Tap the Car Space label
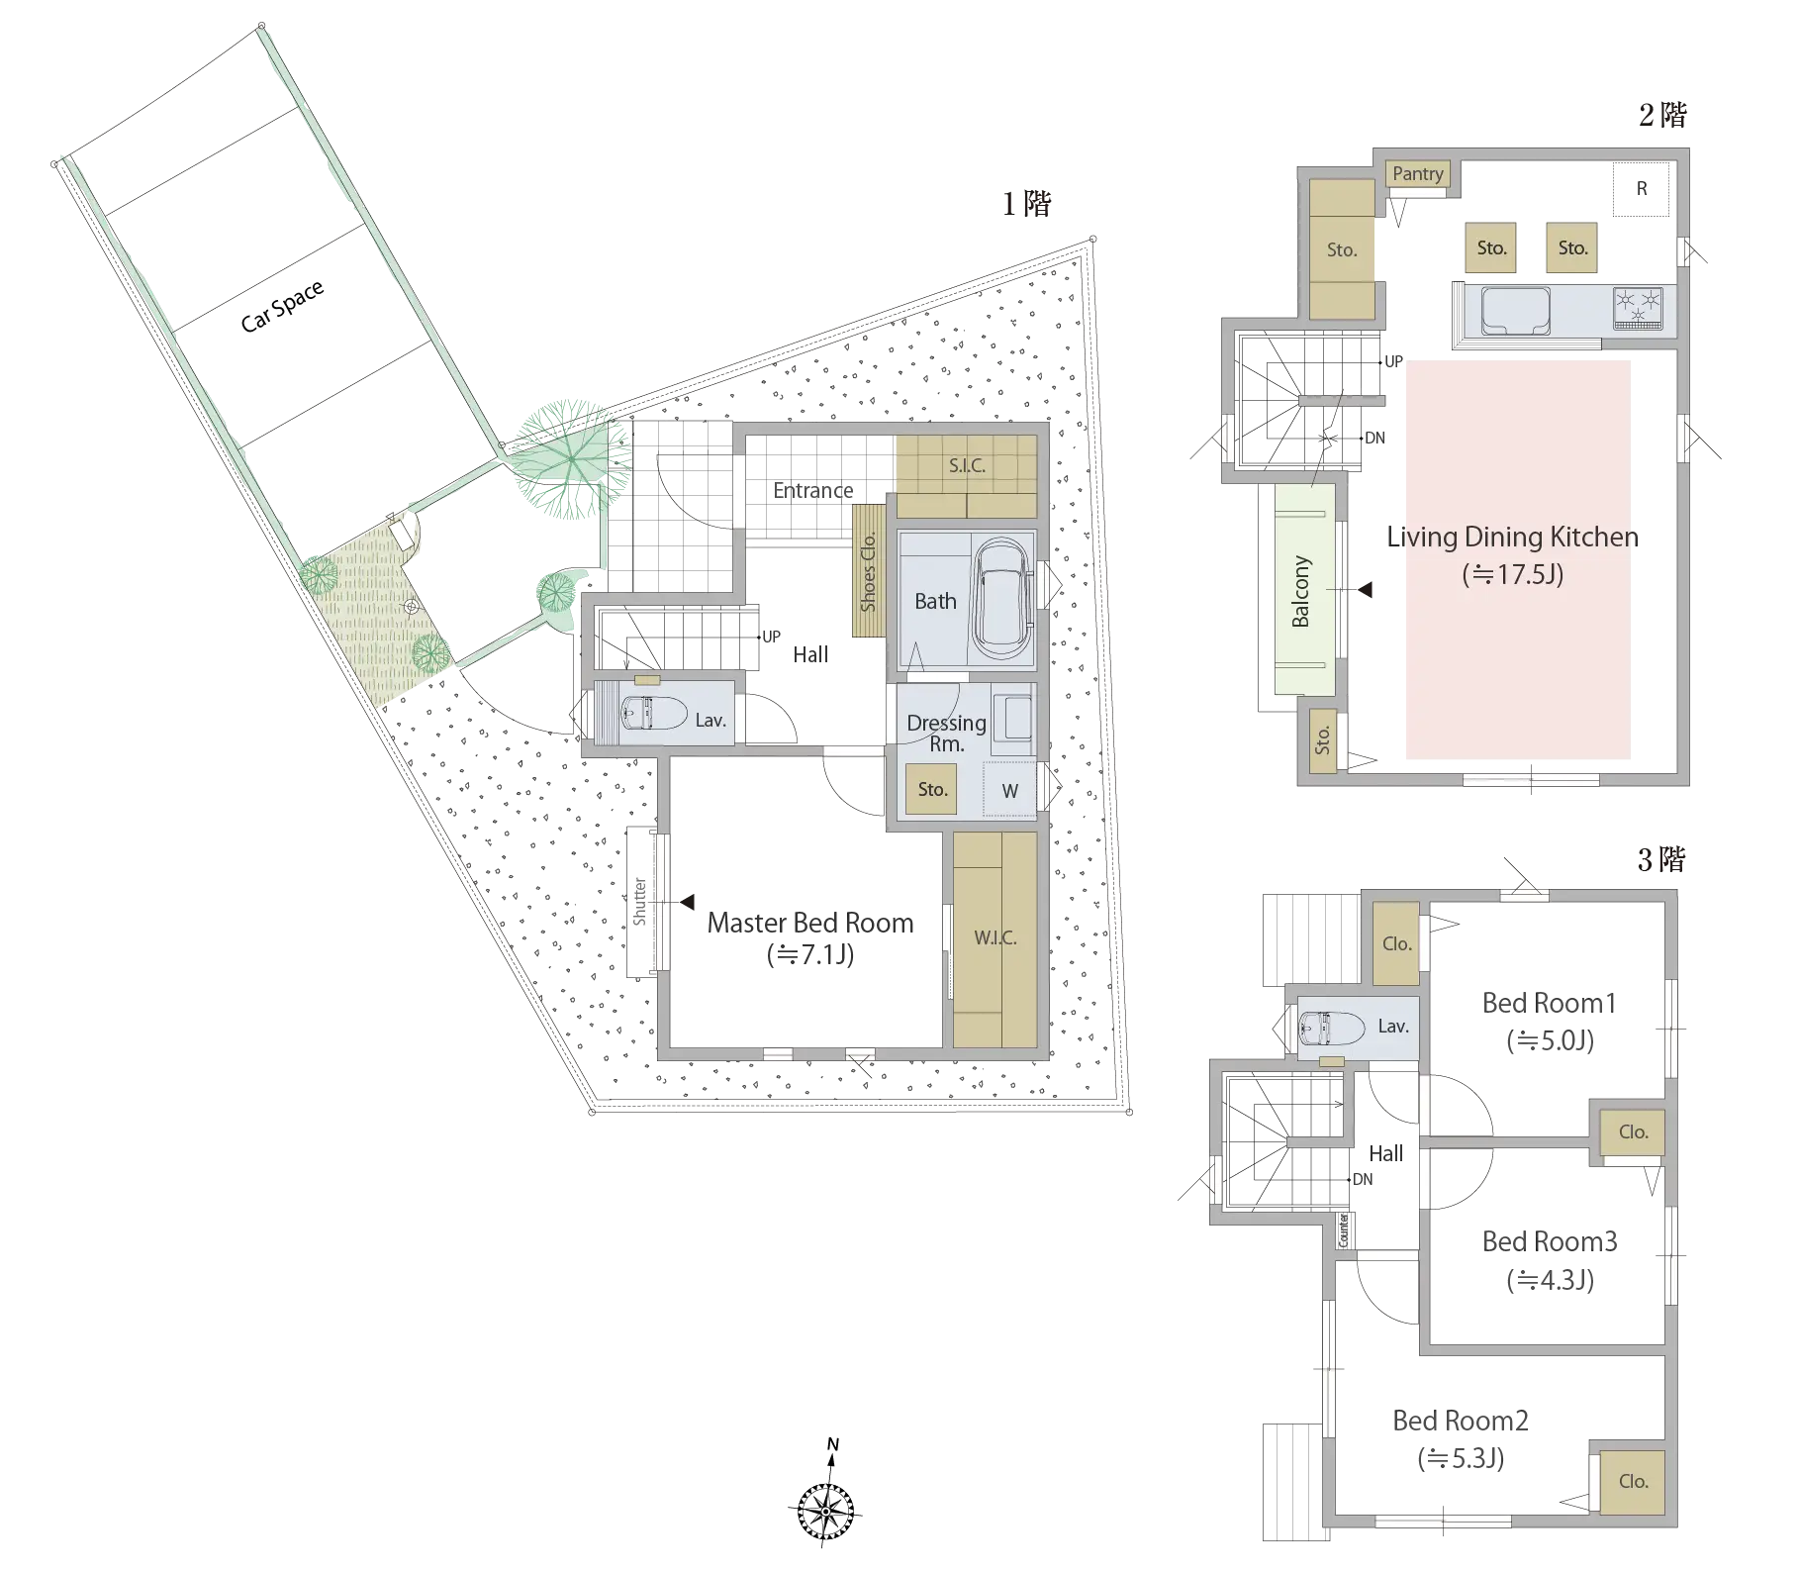[x=282, y=305]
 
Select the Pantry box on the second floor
[x=1418, y=174]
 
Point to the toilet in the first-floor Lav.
[x=653, y=713]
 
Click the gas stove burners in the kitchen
[x=1638, y=308]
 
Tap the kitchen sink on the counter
[x=1515, y=311]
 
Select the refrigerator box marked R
[x=1641, y=188]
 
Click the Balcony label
[x=1300, y=592]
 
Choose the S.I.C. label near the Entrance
[x=967, y=466]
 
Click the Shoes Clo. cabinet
[x=868, y=571]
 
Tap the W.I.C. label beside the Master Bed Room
[x=994, y=937]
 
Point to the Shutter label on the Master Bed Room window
[x=639, y=902]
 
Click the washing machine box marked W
[x=1009, y=791]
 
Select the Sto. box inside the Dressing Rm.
[x=931, y=789]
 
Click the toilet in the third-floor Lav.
[x=1332, y=1029]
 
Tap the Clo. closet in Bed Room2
[x=1633, y=1482]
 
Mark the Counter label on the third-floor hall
[x=1344, y=1229]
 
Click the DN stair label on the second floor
[x=1374, y=438]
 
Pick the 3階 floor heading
[x=1661, y=859]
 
